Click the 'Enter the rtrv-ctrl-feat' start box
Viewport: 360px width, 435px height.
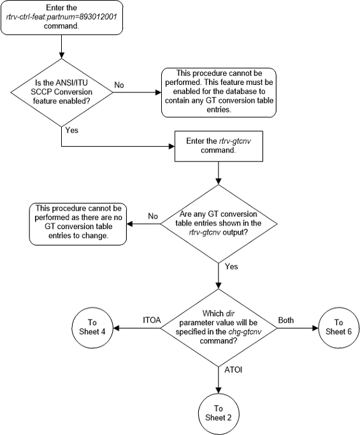(x=61, y=16)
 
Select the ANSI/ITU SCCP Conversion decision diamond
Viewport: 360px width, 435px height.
(x=61, y=94)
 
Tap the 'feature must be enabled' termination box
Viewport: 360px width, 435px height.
(x=213, y=93)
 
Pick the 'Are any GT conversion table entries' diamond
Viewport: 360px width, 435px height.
(x=218, y=223)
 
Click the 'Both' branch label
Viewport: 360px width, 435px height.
(x=286, y=320)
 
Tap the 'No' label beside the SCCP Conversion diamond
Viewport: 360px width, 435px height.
(x=119, y=84)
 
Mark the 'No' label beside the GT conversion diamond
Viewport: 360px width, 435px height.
(x=153, y=216)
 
